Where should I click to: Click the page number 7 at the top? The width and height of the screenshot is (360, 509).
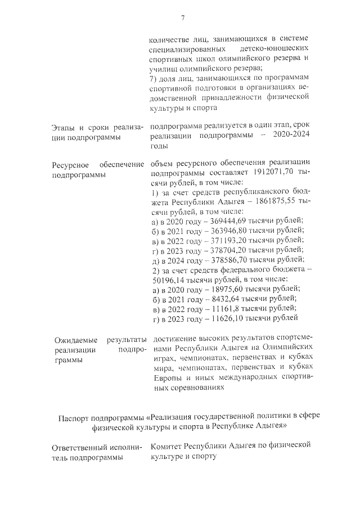(183, 18)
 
